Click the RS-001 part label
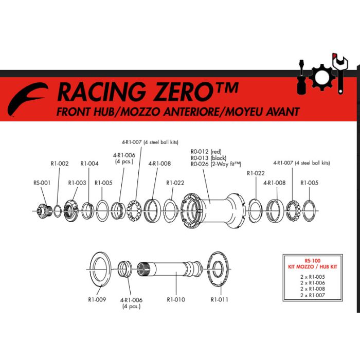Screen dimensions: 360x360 (42, 183)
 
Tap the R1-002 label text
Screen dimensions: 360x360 (60, 164)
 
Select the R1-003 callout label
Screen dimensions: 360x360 (77, 183)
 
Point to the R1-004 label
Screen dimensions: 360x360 (89, 164)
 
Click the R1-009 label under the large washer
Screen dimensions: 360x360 (97, 299)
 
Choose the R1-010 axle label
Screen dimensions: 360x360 (176, 299)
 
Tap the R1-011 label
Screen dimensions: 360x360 (220, 299)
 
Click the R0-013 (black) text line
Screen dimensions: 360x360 (208, 158)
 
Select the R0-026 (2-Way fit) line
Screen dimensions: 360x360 (216, 164)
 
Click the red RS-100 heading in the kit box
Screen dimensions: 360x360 (313, 261)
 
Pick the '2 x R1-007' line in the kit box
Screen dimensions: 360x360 (313, 295)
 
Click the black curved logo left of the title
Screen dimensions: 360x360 (28, 99)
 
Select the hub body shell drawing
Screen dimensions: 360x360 (213, 211)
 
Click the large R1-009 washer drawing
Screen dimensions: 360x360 (100, 269)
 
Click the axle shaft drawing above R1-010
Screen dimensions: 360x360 (170, 269)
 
